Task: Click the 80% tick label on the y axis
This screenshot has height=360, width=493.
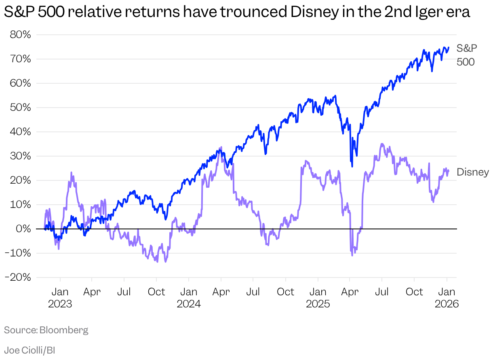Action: pos(20,35)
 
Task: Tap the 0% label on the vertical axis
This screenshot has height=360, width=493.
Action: pos(23,229)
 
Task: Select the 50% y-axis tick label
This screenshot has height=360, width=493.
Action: pos(20,108)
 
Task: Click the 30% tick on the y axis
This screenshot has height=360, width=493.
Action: pos(20,156)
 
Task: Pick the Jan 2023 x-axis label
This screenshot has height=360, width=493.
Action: pos(60,298)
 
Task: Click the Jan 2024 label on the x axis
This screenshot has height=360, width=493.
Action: pos(189,298)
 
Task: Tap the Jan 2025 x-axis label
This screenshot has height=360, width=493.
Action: pos(318,298)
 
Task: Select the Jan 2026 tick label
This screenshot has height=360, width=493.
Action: pos(447,298)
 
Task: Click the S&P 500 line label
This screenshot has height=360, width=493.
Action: pos(466,55)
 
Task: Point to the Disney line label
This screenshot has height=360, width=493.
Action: pos(472,172)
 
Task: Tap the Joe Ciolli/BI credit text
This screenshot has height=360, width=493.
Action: pos(29,350)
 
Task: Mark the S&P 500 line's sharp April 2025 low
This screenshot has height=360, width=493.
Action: pos(352,166)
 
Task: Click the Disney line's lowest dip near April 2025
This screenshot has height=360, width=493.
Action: pos(352,255)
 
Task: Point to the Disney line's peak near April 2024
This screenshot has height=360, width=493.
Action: pos(221,148)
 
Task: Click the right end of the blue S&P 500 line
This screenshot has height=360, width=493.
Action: pos(449,47)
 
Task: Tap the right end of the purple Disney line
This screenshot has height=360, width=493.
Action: pos(449,171)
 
